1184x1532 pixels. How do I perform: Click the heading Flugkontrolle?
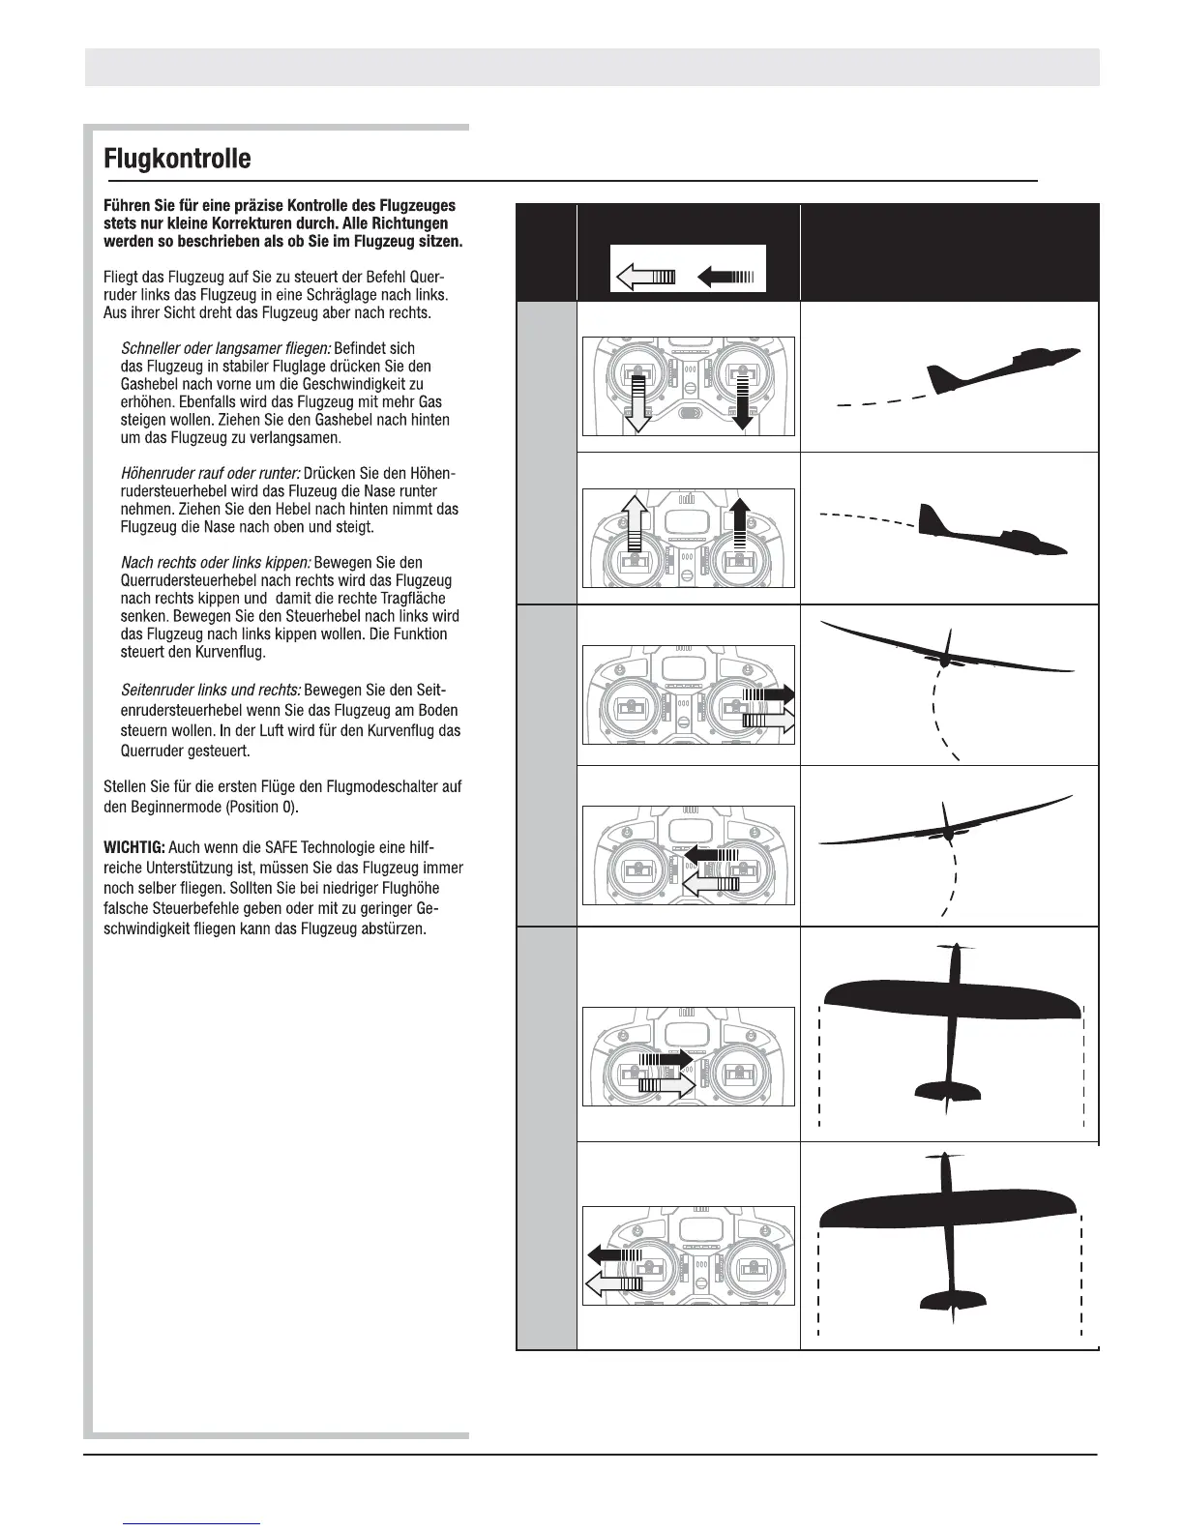click(x=177, y=159)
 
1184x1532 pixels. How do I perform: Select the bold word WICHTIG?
click(x=134, y=848)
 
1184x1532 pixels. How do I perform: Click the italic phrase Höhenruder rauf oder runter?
click(x=210, y=474)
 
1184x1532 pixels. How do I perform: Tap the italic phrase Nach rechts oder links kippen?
click(x=216, y=563)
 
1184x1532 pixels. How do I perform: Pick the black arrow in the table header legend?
click(x=725, y=279)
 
